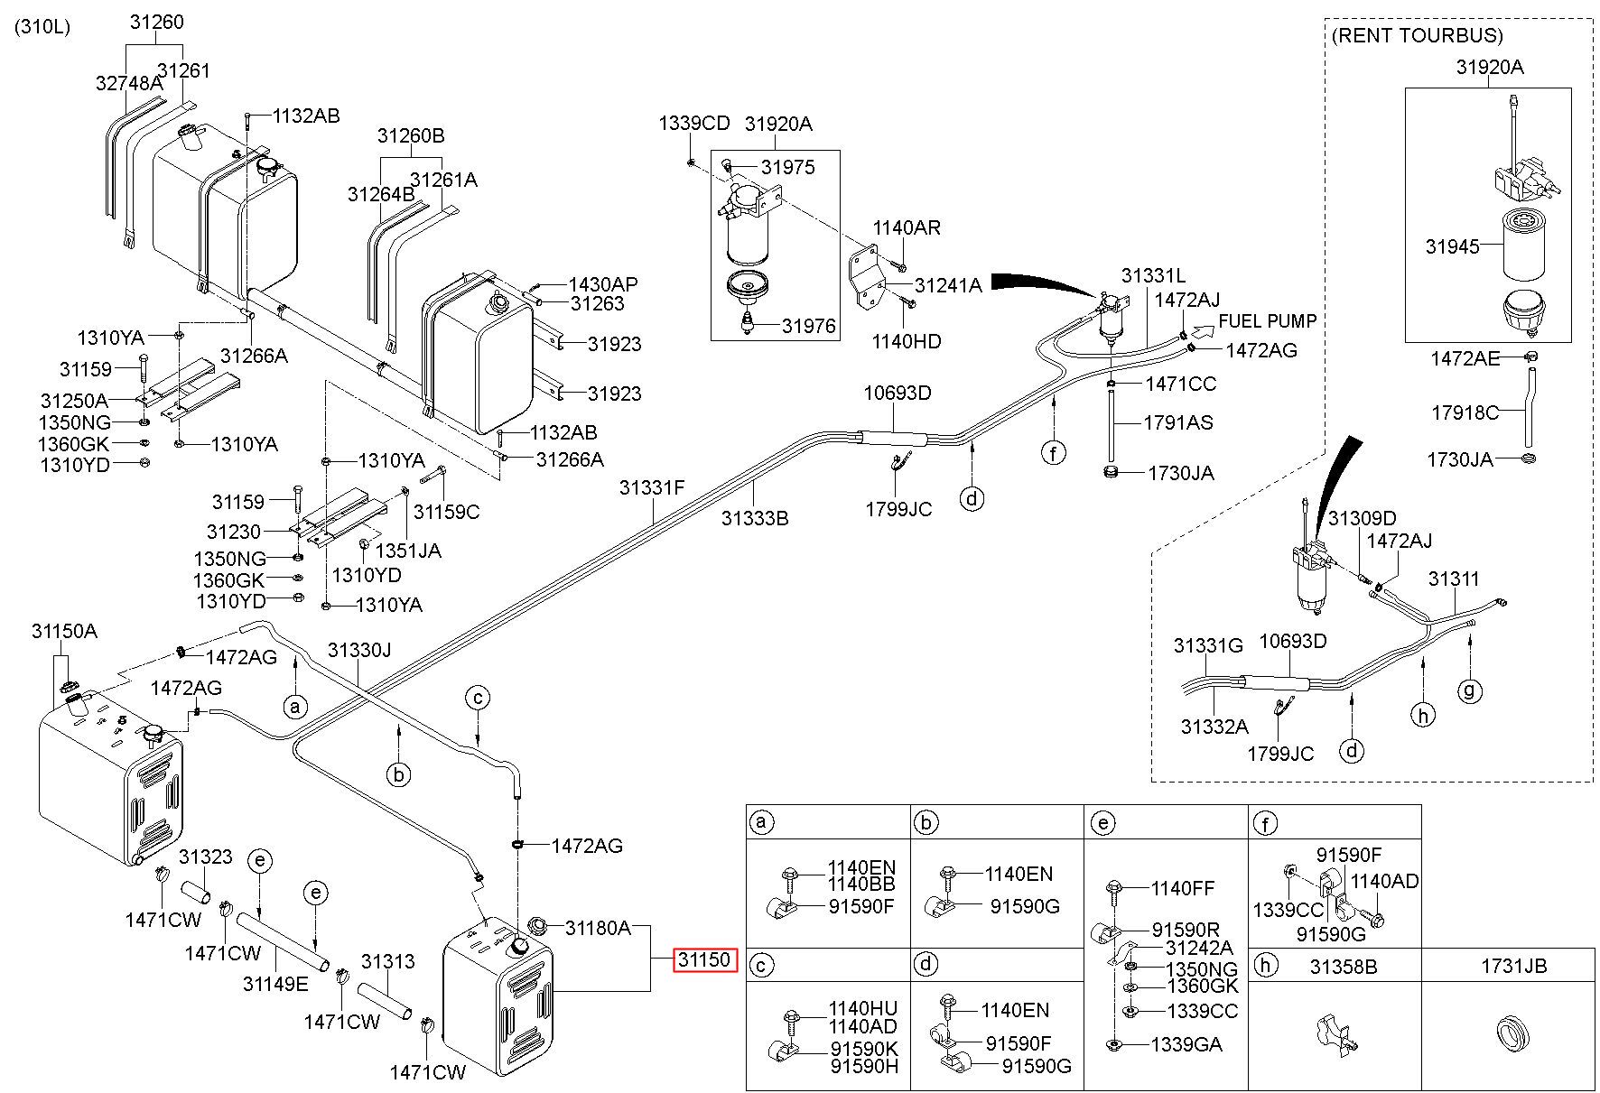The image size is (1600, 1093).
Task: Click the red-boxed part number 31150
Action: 703,960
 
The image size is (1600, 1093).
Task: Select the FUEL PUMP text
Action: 1267,321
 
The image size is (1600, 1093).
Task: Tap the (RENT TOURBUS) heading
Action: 1417,36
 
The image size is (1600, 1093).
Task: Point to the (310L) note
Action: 42,27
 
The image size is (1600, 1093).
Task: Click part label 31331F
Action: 651,488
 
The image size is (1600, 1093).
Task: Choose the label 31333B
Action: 754,519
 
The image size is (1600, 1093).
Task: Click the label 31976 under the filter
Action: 809,326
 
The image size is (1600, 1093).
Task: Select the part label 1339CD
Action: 693,124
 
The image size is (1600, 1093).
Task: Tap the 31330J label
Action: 358,650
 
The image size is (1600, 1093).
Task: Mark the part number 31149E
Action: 274,983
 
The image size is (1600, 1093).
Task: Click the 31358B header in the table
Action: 1344,966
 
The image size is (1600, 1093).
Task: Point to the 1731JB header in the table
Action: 1512,966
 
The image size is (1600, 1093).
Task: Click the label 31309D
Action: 1362,519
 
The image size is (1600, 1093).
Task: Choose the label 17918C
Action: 1464,412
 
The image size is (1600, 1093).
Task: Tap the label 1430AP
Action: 602,284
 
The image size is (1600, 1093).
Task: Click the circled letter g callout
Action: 1470,691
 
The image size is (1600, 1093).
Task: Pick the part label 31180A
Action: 598,928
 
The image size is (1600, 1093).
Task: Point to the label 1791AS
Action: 1178,422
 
